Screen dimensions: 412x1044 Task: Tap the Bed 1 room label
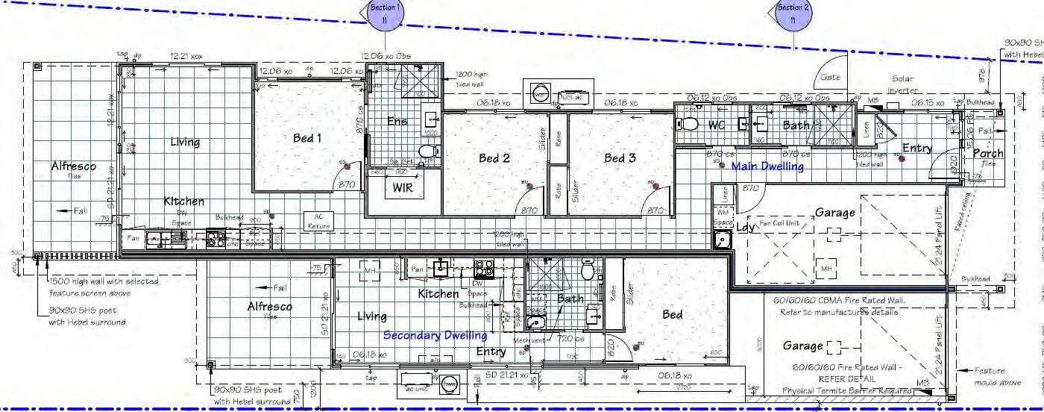(x=307, y=138)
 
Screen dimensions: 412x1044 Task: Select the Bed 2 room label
(x=494, y=157)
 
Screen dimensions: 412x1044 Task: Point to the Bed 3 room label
(x=620, y=157)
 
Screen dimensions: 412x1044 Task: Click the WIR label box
(x=398, y=188)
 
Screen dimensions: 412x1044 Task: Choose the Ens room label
(x=397, y=121)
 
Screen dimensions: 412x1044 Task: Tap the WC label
(x=716, y=125)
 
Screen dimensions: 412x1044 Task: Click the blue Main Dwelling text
(x=767, y=166)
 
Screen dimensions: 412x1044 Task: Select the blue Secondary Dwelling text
(x=435, y=336)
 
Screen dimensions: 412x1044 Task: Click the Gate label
(x=830, y=77)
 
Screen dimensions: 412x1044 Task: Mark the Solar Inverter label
(x=902, y=84)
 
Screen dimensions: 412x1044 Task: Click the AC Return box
(x=318, y=222)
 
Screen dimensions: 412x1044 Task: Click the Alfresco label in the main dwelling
(x=73, y=167)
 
